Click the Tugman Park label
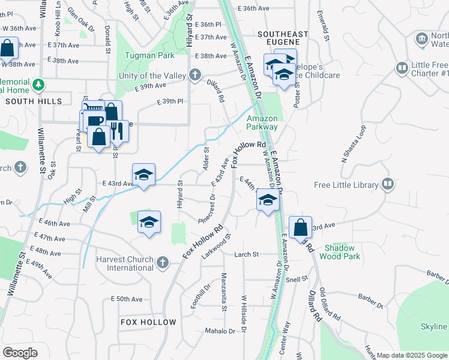[x=149, y=55]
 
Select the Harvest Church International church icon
[x=162, y=262]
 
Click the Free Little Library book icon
[x=388, y=185]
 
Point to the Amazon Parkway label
[x=262, y=122]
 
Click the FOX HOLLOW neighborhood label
[x=149, y=322]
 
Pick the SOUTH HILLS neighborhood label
[x=26, y=102]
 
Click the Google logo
[x=20, y=352]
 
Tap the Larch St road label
[x=246, y=254]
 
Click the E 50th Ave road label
[x=127, y=299]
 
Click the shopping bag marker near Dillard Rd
[x=300, y=227]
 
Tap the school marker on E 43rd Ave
[x=144, y=175]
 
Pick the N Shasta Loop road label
[x=354, y=143]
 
